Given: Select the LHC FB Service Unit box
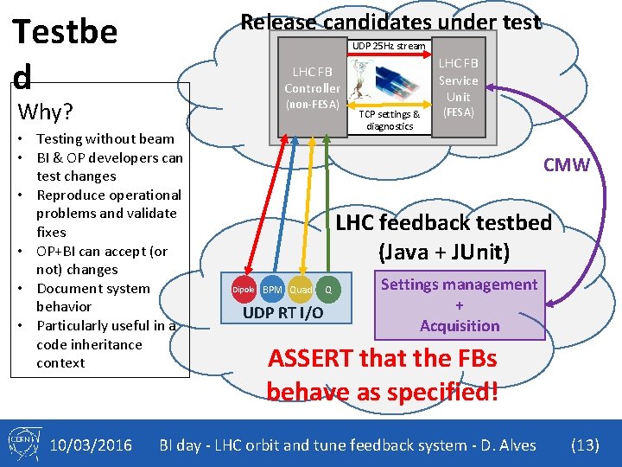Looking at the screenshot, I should pos(458,87).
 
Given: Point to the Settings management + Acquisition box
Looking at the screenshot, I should pos(459,305).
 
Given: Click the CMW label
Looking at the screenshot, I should pos(566,165).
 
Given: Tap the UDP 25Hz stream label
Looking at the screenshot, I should pos(388,46).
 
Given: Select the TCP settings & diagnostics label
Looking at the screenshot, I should pos(390,119).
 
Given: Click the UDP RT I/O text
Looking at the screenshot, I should pos(283,312).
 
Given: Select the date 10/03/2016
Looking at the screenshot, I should pos(91,445).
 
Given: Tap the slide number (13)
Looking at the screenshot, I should pos(585,445).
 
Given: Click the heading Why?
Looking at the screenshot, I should pos(45,112).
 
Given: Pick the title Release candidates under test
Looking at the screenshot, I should pos(390,22).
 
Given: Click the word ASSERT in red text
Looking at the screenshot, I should pos(312,358).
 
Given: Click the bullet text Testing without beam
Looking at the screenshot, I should pos(105,138).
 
